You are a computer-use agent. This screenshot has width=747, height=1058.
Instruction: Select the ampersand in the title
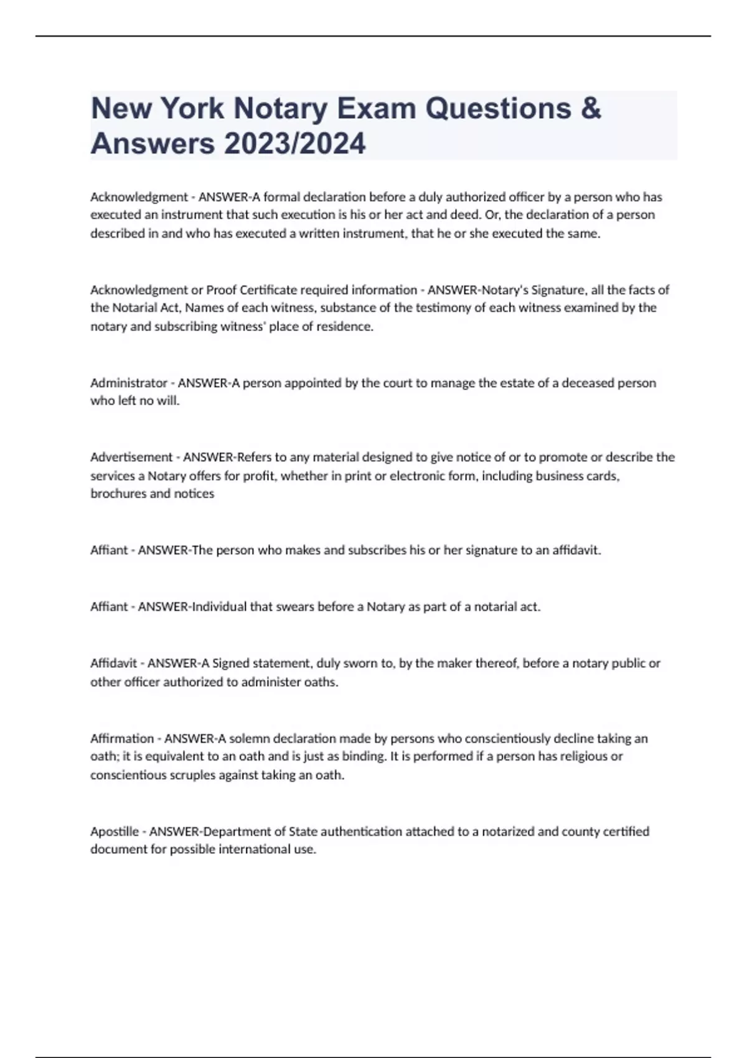coord(591,108)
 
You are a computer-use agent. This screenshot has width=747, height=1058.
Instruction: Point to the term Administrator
coord(129,383)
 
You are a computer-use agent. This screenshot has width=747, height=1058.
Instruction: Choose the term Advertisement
coord(131,457)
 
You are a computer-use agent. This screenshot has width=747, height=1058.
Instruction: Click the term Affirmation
coord(122,739)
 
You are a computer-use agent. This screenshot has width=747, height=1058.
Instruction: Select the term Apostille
coord(115,831)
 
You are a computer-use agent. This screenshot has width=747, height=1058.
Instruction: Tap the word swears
coord(293,607)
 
